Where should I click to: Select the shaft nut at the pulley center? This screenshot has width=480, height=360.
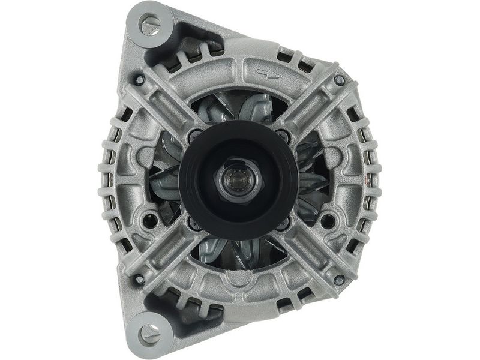(238, 179)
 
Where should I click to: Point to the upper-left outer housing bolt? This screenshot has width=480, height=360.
(139, 79)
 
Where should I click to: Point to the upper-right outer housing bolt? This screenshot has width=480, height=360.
(339, 79)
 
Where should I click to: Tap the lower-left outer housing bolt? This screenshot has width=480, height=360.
(139, 279)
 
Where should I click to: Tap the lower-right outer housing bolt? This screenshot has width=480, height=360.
(339, 279)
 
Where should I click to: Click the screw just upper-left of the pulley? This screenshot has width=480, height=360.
(194, 136)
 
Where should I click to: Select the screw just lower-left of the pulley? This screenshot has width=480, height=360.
(194, 223)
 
